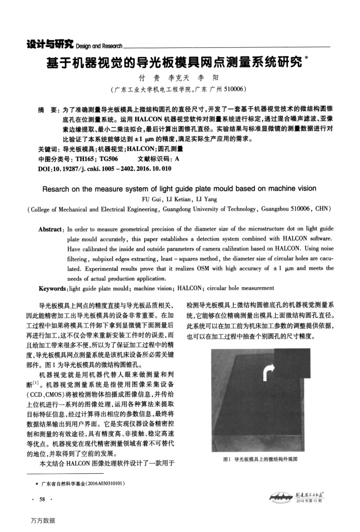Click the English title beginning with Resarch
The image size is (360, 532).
click(179, 188)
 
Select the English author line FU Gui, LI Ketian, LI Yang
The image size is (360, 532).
click(180, 199)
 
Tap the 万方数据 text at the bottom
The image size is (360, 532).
click(42, 520)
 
